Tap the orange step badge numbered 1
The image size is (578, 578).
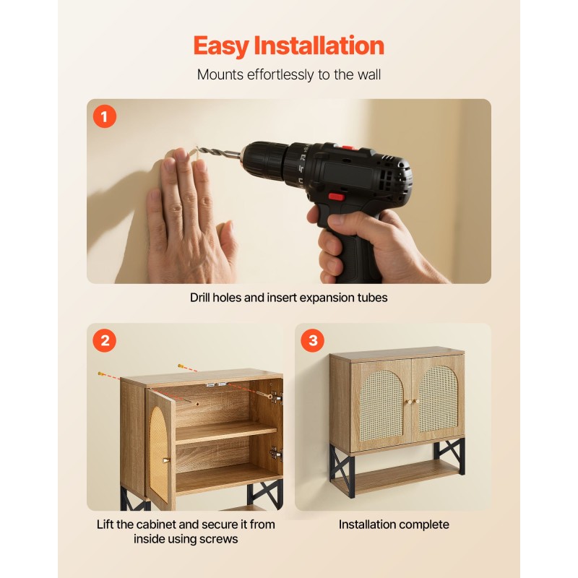[105, 116]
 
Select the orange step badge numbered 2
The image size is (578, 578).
[105, 340]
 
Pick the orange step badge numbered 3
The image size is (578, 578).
[312, 340]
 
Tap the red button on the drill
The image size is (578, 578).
[335, 197]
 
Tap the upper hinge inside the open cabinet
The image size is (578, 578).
[276, 397]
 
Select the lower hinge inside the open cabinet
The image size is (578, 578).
[276, 453]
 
